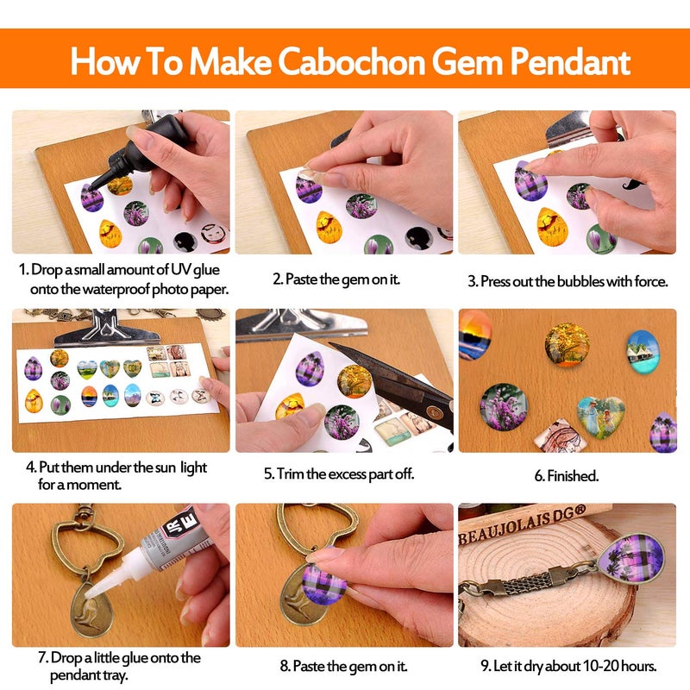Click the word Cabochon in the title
pos(351,61)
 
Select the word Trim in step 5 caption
pos(291,474)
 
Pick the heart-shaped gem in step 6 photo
pos(600,416)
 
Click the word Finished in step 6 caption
pos(572,476)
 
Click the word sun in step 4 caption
pos(165,467)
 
